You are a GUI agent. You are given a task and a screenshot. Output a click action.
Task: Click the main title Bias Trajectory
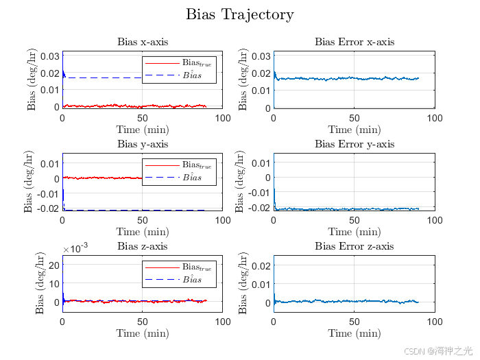tap(240, 14)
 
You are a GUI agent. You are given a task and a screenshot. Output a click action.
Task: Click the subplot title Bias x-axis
tap(143, 43)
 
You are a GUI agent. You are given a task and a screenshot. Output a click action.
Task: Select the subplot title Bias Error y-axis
tap(355, 144)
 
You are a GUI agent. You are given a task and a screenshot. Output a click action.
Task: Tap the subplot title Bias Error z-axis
tap(354, 246)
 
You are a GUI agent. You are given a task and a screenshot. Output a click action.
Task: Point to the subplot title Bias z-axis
tap(143, 246)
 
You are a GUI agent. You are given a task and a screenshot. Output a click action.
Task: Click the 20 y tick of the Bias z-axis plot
tap(52, 265)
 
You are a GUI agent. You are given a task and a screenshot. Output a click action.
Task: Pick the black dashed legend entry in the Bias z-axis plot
tap(180, 279)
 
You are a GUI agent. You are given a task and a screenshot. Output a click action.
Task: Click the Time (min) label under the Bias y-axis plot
tap(143, 232)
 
